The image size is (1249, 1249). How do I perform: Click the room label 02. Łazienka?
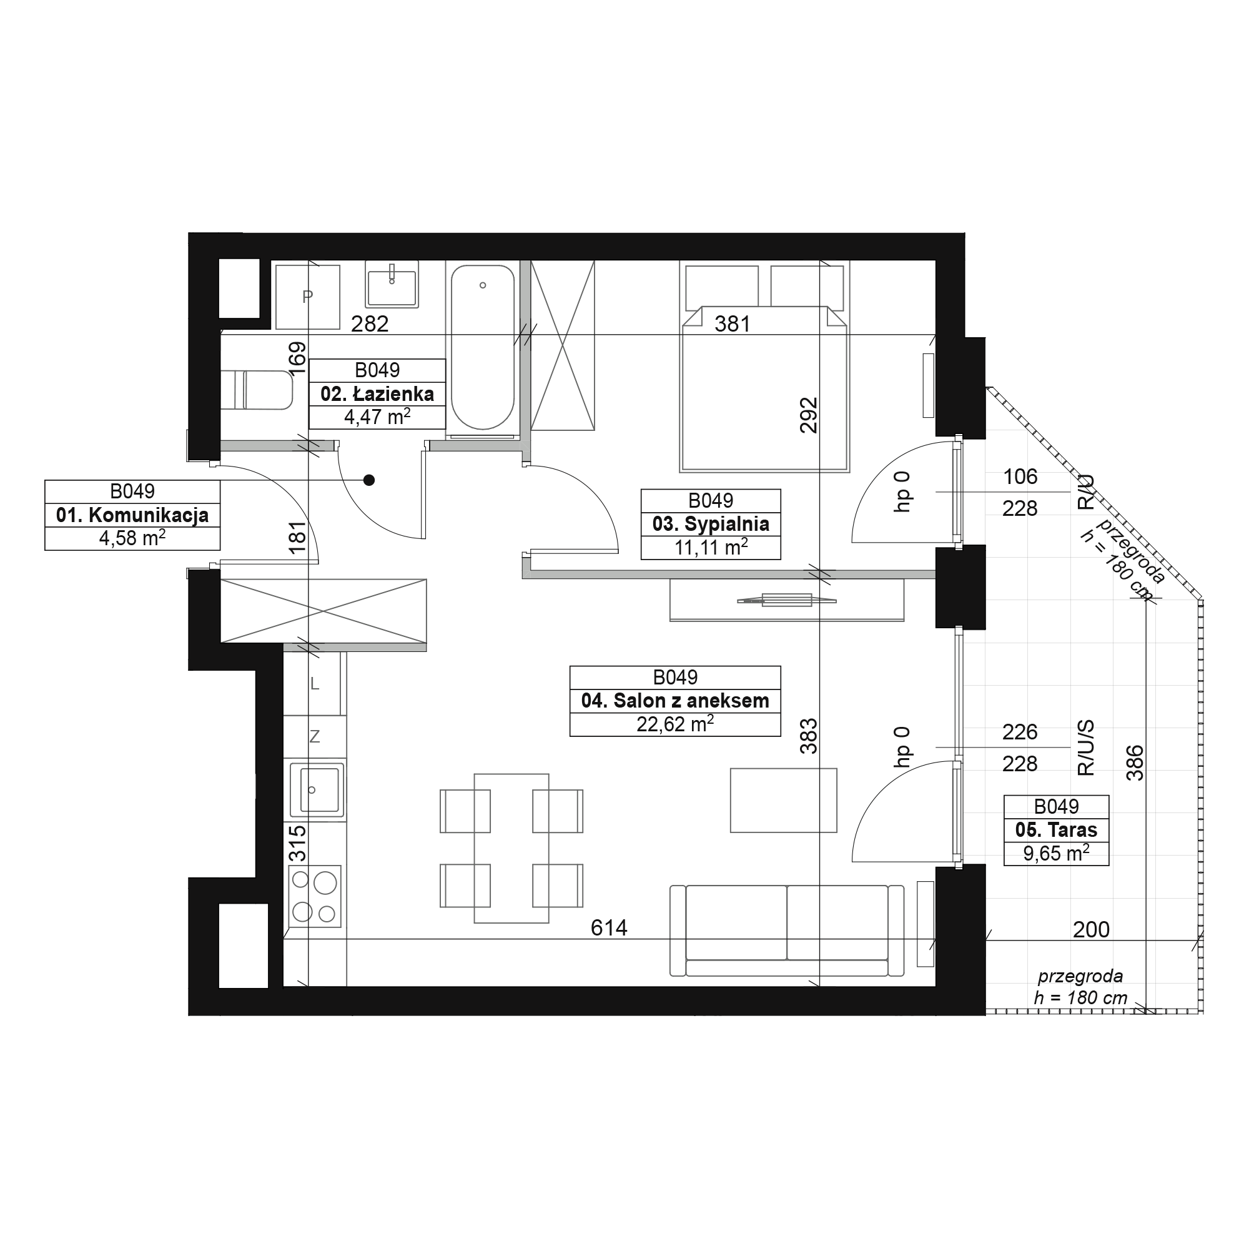[x=377, y=394]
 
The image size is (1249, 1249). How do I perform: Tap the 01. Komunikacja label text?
[x=132, y=515]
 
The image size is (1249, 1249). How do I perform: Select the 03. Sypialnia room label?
[x=711, y=525]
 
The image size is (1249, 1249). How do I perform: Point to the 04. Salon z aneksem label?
[x=675, y=701]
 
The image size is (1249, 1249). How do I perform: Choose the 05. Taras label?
[x=1057, y=830]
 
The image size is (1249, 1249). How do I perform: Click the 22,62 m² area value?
[x=675, y=724]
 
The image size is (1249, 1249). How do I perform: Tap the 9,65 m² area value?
[x=1057, y=853]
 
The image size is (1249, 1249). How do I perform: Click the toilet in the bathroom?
[x=257, y=390]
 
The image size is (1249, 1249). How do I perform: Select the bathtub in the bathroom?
[x=482, y=347]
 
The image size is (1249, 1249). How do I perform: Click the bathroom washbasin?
[x=392, y=284]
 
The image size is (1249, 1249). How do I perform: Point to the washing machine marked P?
[x=308, y=297]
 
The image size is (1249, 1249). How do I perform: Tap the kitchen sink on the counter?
[x=316, y=790]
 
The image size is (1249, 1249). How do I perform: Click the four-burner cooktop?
[x=315, y=896]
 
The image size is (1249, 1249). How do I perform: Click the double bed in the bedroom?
[x=764, y=367]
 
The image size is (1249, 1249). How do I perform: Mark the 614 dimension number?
[x=609, y=929]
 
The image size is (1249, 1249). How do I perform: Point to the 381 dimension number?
[x=733, y=323]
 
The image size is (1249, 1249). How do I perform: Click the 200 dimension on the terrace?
[x=1091, y=930]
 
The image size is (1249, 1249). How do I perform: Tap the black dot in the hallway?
[x=368, y=480]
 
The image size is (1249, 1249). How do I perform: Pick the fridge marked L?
[x=315, y=683]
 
